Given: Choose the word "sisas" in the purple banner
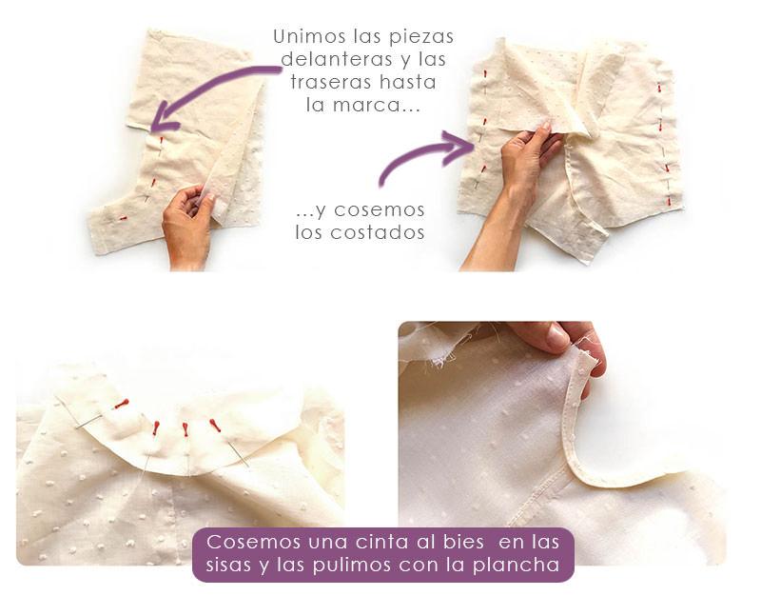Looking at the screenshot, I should click(x=229, y=565).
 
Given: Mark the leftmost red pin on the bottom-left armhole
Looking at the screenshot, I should click(x=121, y=404).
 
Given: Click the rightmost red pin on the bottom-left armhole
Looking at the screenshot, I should click(x=215, y=425).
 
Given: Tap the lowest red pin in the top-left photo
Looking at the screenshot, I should click(x=122, y=219).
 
